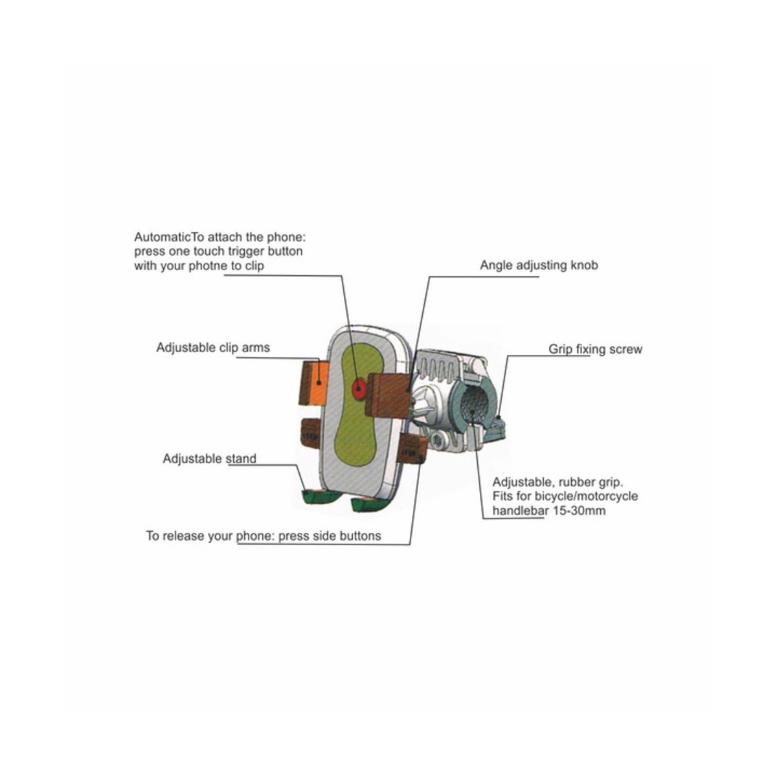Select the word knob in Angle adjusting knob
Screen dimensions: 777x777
tap(585, 265)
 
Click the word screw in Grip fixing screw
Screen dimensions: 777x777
tap(625, 349)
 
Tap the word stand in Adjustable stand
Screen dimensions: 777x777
tap(241, 458)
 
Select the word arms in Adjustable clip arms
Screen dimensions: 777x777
tap(256, 348)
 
